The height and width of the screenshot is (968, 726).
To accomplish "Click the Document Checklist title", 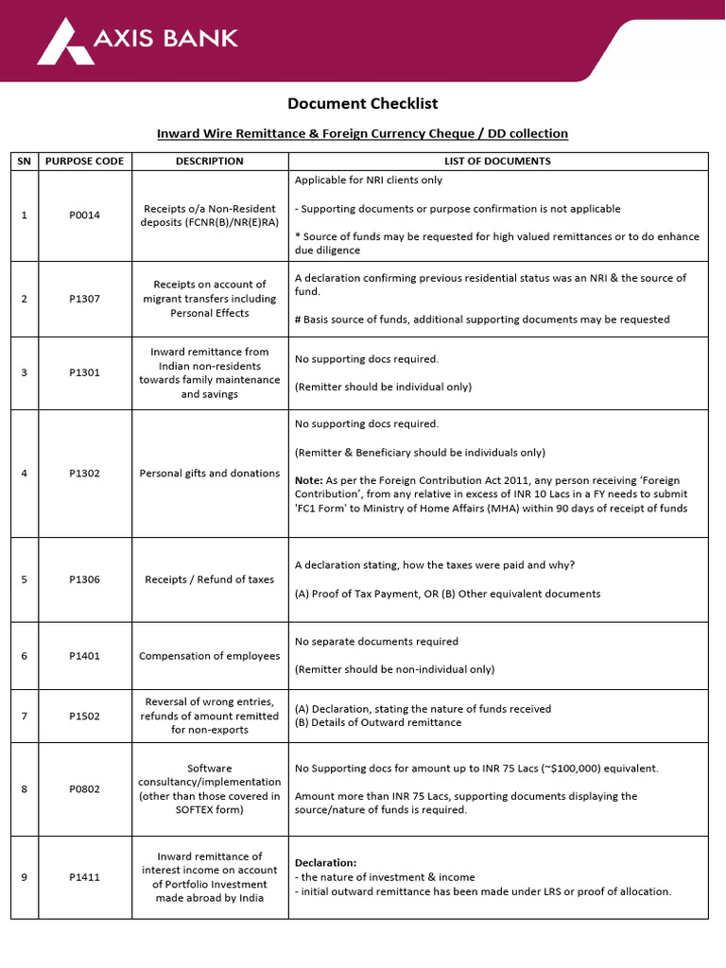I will point(362,104).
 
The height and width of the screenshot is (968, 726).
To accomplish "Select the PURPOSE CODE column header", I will point(84,161).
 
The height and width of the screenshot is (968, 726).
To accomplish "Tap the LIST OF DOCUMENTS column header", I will point(497,161).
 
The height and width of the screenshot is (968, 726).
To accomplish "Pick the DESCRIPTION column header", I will point(210,161).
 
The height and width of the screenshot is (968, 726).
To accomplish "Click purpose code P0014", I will point(84,216).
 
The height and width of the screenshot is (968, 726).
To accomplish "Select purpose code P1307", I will point(84,299).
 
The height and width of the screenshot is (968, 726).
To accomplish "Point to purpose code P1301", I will point(84,372).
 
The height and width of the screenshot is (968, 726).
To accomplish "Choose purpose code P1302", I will point(84,474).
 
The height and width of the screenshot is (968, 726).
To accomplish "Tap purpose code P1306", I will point(84,579).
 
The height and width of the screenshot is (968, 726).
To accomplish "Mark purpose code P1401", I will point(84,656).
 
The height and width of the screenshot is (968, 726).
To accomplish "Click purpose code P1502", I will point(84,716).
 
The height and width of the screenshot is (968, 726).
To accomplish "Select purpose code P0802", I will point(84,789).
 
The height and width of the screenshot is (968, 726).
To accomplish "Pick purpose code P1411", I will point(84,877).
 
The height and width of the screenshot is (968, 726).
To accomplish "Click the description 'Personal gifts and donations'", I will point(210,474).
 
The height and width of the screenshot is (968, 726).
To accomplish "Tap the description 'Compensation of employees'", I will point(210,656).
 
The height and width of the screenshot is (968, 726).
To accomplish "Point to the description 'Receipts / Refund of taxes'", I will point(210,579).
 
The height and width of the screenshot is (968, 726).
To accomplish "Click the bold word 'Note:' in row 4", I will point(309,480).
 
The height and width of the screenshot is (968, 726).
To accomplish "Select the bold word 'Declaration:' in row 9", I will point(326,863).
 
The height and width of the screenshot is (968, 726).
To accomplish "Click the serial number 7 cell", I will point(24,716).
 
